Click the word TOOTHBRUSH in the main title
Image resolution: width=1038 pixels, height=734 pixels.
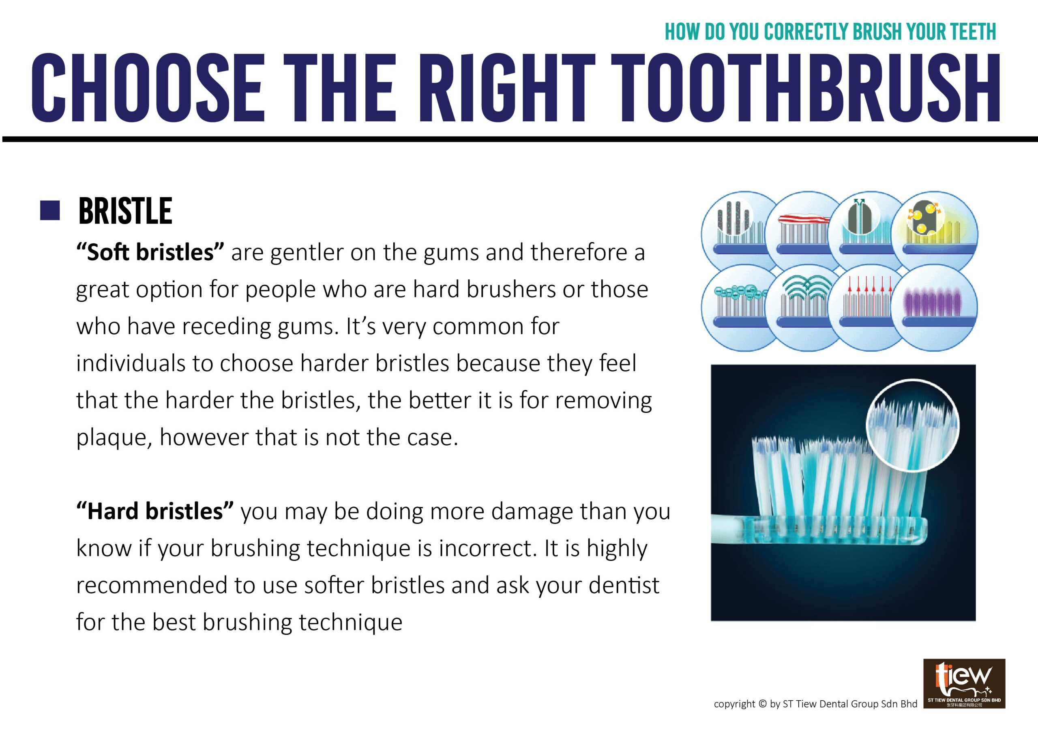click(809, 88)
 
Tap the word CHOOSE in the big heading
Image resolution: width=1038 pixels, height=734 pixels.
click(147, 88)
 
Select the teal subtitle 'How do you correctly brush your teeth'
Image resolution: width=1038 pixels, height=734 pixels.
click(830, 31)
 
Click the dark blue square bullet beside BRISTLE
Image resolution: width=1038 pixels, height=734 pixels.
click(50, 210)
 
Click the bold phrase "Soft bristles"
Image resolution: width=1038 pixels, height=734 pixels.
click(150, 252)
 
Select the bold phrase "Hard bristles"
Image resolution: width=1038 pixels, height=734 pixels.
click(155, 511)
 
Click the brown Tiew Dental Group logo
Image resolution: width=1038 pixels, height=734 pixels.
click(964, 683)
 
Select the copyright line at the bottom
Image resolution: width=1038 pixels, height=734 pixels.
click(815, 704)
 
